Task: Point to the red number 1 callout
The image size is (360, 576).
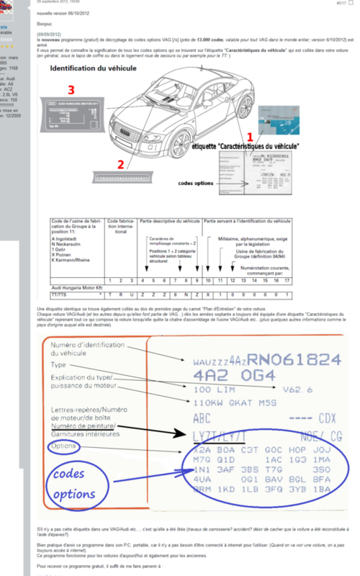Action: (249, 135)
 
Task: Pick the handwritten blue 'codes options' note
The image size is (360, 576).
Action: (71, 483)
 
